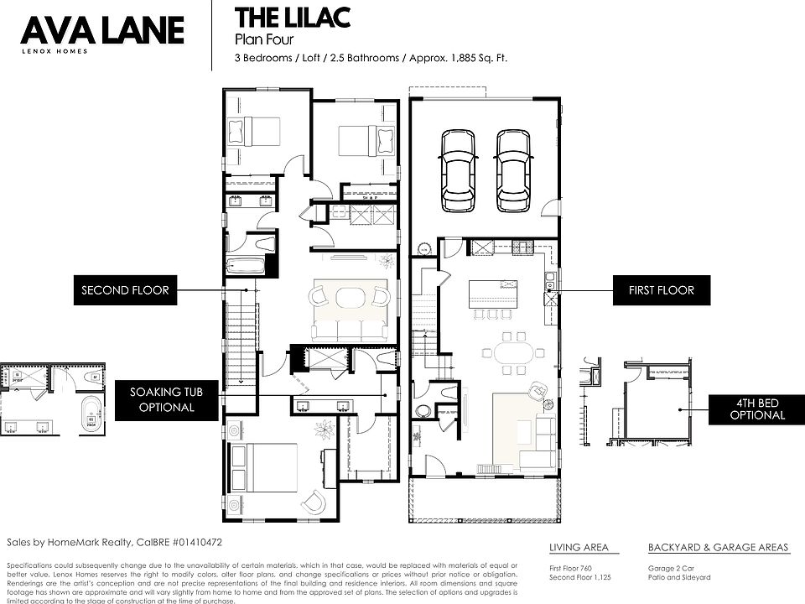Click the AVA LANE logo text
(101, 31)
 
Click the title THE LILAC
(292, 18)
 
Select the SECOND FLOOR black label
(125, 291)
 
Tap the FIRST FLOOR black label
(661, 290)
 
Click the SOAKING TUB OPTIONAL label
(162, 399)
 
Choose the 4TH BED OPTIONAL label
(756, 408)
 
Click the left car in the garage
(458, 169)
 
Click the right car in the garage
(512, 169)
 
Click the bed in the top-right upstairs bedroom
(366, 138)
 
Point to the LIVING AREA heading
(579, 548)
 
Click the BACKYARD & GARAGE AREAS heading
(718, 548)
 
